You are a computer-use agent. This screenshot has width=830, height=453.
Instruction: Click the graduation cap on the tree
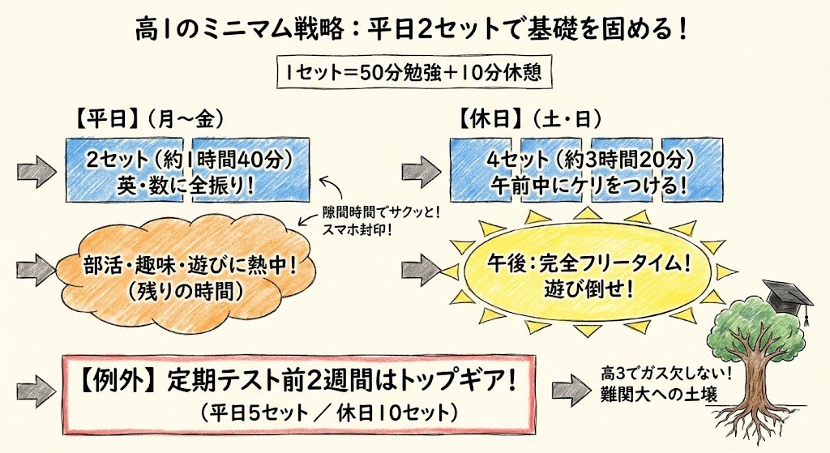[787, 293]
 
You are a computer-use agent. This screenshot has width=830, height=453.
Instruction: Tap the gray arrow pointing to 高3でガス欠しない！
[571, 386]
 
